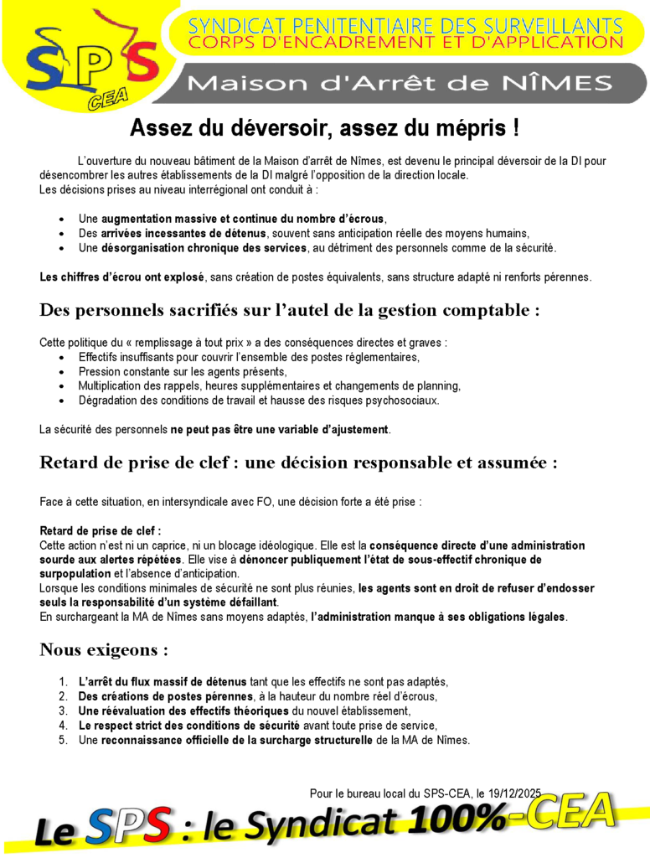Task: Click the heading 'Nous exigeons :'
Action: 104,649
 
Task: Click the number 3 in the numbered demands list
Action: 64,711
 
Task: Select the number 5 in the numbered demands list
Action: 64,741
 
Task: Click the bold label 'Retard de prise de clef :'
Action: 101,531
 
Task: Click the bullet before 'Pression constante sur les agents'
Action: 64,372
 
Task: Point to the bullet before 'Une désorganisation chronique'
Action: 64,248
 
